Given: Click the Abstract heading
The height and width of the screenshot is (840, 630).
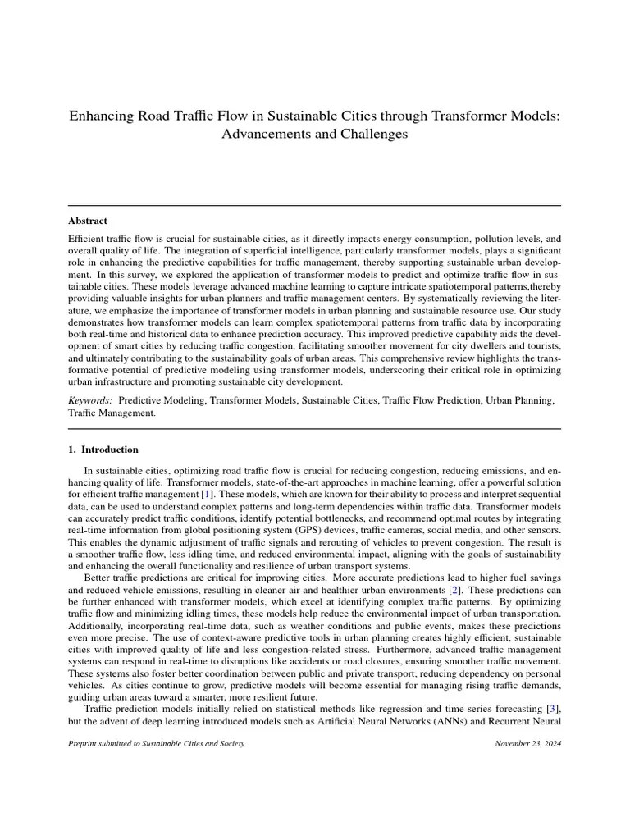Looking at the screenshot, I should tap(87, 221).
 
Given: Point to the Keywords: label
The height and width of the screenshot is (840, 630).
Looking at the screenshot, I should tap(90, 400).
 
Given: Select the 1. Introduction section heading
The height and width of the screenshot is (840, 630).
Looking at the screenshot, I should tap(103, 450).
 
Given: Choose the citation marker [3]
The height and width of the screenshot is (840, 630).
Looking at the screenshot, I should tap(553, 708).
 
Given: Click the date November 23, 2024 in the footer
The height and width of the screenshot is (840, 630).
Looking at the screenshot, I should tap(528, 743).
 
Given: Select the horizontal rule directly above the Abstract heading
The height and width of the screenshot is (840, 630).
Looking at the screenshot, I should tap(314, 205).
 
